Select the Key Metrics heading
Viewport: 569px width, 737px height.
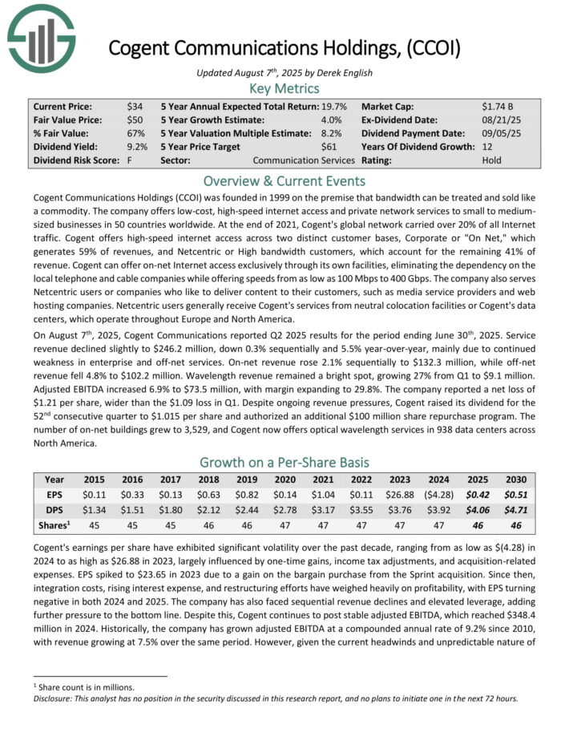tap(284, 88)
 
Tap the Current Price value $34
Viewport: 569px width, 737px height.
tap(134, 106)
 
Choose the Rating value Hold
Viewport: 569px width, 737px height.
tap(493, 160)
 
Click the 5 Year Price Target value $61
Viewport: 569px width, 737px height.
tap(329, 147)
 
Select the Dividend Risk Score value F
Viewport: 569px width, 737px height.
tap(129, 160)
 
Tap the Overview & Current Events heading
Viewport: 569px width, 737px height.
tap(284, 180)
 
